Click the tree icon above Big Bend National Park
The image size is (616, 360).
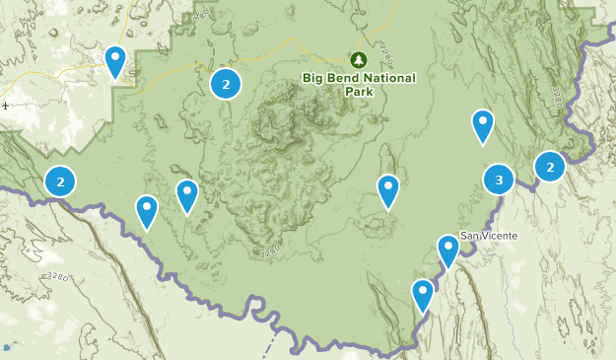357,59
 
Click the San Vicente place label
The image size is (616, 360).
489,236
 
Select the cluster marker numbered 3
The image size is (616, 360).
499,180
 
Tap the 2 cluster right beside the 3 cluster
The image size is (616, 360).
549,167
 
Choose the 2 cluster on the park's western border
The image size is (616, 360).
60,181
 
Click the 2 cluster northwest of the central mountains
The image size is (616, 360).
226,84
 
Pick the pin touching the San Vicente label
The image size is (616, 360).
448,249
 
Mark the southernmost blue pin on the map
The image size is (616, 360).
423,293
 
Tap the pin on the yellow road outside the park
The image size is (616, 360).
115,59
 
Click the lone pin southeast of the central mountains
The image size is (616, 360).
388,188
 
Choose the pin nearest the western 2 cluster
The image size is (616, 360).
147,209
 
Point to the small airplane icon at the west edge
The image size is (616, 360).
6,105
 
